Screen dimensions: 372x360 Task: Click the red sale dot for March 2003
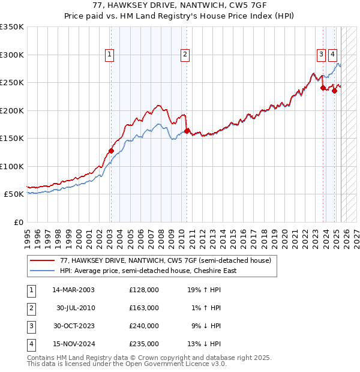point(111,151)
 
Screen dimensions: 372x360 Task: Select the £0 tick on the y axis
point(18,223)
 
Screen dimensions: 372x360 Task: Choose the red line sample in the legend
point(41,261)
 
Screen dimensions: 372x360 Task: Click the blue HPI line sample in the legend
point(41,271)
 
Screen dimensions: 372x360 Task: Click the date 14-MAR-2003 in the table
point(73,290)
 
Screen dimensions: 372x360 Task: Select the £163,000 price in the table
point(144,308)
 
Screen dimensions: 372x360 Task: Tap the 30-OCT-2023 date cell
point(73,326)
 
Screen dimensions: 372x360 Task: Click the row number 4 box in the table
point(31,344)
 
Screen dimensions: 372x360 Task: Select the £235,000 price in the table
point(144,344)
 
